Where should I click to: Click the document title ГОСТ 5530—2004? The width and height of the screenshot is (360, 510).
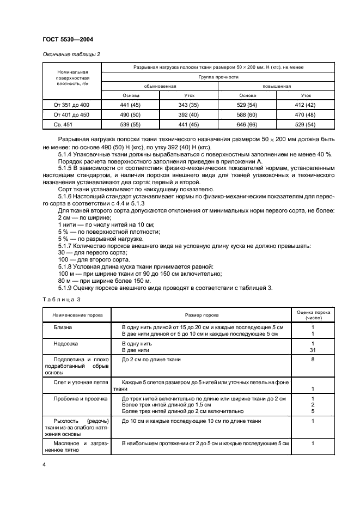click(x=70, y=40)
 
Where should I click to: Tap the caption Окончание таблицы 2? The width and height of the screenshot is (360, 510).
click(x=71, y=53)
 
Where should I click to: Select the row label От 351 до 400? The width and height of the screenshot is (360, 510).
click(x=71, y=104)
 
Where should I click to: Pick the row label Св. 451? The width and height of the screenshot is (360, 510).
click(x=71, y=125)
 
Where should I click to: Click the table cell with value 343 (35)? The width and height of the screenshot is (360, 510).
click(x=188, y=104)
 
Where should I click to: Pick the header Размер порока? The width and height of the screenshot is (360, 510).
click(x=202, y=315)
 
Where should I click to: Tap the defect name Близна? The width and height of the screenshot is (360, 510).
click(x=62, y=327)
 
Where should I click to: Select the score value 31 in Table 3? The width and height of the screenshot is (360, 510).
click(x=313, y=350)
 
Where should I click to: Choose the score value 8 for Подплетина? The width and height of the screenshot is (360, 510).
click(x=313, y=360)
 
